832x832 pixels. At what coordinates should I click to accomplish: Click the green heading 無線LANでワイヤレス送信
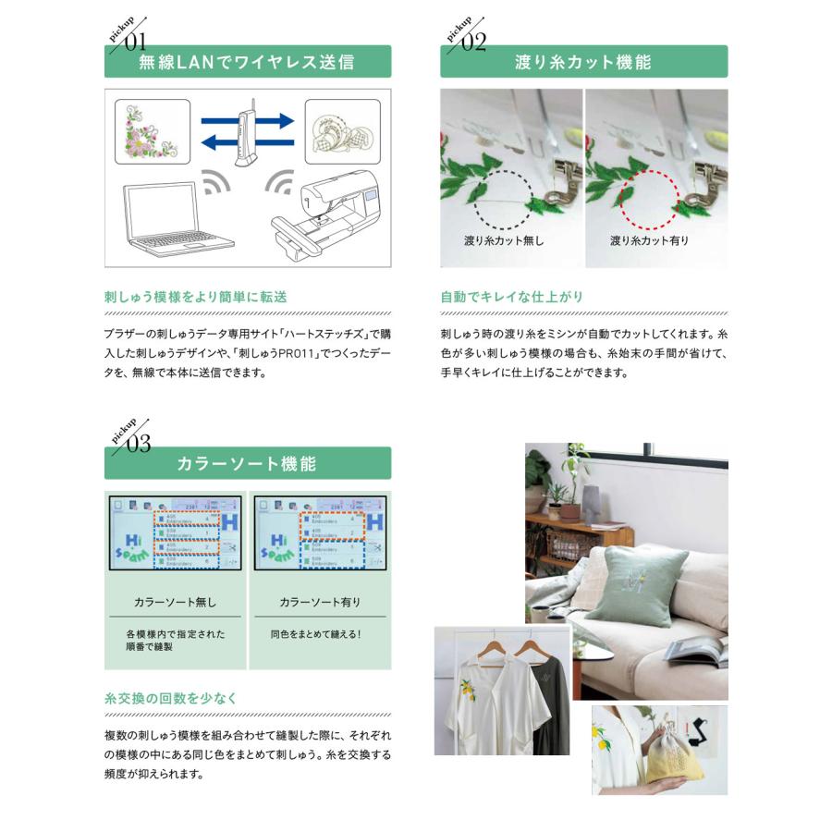[247, 63]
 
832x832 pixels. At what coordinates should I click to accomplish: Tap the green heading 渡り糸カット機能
[583, 63]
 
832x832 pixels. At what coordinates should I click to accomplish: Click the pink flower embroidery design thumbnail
[153, 131]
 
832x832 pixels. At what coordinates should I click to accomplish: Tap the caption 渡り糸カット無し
[504, 241]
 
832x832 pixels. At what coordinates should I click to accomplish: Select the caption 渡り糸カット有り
[649, 241]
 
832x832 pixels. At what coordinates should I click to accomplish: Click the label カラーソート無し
[176, 602]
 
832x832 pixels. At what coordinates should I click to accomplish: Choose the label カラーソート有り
[320, 602]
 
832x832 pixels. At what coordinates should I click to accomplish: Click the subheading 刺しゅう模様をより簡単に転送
[196, 298]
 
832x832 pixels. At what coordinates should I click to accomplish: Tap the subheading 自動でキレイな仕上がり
[512, 298]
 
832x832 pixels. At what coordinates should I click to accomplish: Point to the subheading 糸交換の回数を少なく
[171, 698]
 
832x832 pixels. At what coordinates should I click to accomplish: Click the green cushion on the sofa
[638, 586]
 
